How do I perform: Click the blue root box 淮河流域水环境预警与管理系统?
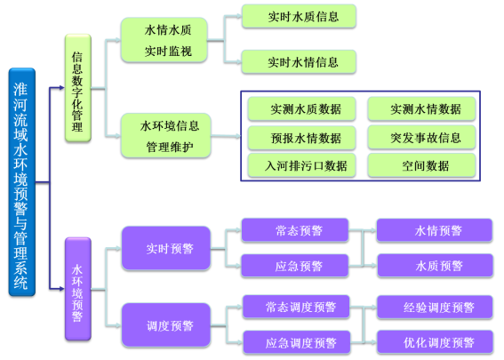click(x=22, y=182)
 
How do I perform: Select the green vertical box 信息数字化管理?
click(x=78, y=88)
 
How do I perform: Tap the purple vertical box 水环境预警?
click(x=78, y=289)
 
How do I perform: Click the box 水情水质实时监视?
click(x=164, y=40)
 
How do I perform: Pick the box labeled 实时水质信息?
click(x=299, y=16)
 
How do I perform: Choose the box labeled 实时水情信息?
click(x=299, y=61)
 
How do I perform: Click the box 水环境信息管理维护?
click(x=166, y=136)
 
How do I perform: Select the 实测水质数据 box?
click(x=301, y=108)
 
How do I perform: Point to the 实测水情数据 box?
click(x=421, y=108)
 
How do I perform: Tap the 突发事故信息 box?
click(x=421, y=137)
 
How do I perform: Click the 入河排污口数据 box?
click(x=301, y=165)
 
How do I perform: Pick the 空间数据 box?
click(x=421, y=165)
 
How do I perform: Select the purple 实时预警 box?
click(x=166, y=248)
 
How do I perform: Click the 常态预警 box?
click(x=295, y=230)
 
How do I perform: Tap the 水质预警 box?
click(x=435, y=266)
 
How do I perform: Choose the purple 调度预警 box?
click(x=166, y=325)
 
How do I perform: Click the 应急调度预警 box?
click(x=296, y=342)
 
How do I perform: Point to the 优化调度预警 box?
click(x=435, y=342)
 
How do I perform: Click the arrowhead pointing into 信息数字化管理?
click(x=62, y=87)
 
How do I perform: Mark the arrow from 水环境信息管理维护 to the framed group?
click(x=226, y=136)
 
